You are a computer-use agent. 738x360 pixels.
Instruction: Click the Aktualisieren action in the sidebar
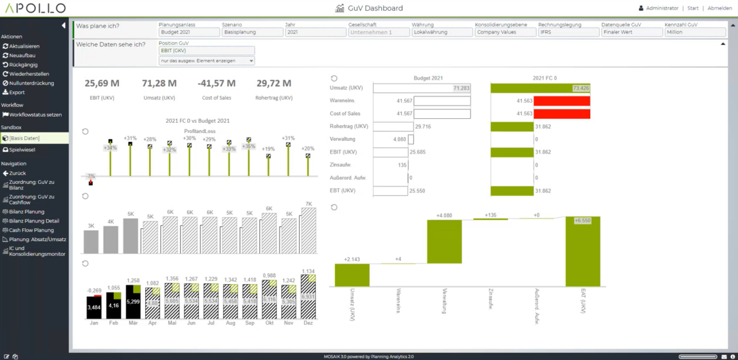coord(24,46)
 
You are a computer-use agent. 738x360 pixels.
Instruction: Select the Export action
coord(17,93)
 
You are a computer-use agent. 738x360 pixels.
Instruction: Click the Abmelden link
coord(719,8)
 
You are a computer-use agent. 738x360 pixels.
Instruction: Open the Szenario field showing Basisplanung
coord(252,32)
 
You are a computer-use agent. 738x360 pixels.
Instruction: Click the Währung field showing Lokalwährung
coord(442,32)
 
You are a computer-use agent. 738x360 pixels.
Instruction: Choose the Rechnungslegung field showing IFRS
coord(568,32)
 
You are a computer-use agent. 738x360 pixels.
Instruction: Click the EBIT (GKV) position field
coord(206,51)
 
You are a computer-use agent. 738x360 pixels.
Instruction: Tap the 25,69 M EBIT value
coord(102,84)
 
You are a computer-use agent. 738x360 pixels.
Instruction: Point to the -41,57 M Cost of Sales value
coord(216,84)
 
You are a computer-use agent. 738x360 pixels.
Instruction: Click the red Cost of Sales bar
coord(562,101)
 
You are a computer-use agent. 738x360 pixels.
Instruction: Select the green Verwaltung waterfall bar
coord(444,242)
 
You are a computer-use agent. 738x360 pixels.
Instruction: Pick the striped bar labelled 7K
coord(309,230)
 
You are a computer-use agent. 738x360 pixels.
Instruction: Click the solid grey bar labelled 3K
coord(91,241)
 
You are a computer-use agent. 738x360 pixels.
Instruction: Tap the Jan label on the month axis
coord(94,323)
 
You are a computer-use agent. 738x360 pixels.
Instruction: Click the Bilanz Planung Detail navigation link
coord(34,221)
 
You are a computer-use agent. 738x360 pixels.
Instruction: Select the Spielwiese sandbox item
coord(22,150)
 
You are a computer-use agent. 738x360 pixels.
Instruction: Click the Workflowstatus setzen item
coord(35,115)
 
